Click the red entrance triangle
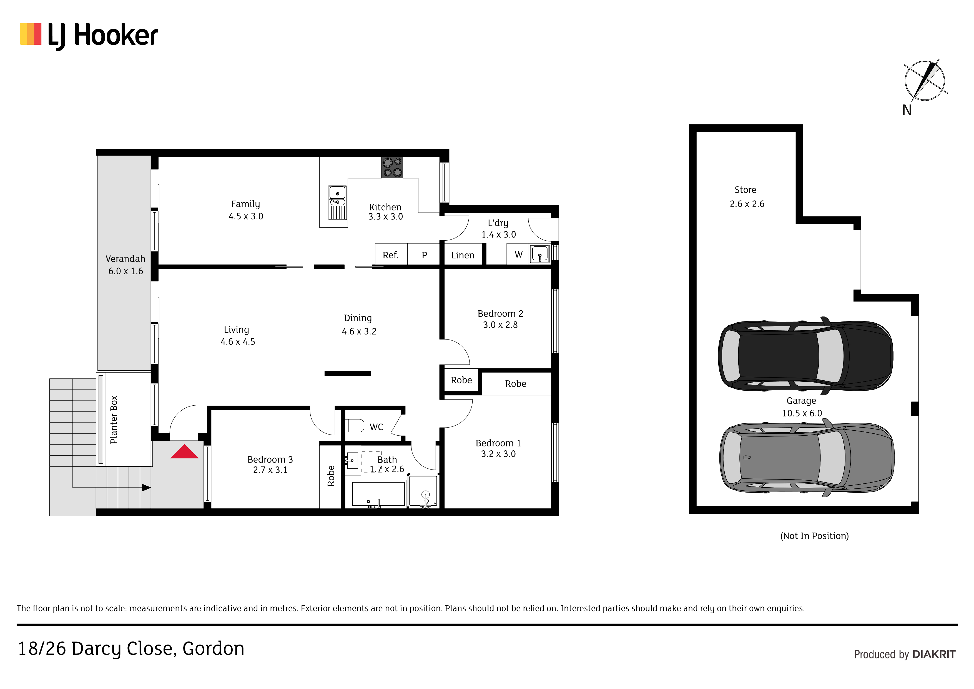click(184, 452)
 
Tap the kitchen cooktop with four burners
click(392, 167)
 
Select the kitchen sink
click(338, 203)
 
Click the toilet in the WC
click(355, 425)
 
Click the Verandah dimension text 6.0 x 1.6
click(125, 271)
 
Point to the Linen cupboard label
click(463, 255)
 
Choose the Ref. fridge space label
click(390, 255)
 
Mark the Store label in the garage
click(745, 190)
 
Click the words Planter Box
click(114, 420)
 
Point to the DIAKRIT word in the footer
click(934, 655)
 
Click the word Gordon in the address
click(214, 649)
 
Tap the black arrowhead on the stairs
click(146, 488)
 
